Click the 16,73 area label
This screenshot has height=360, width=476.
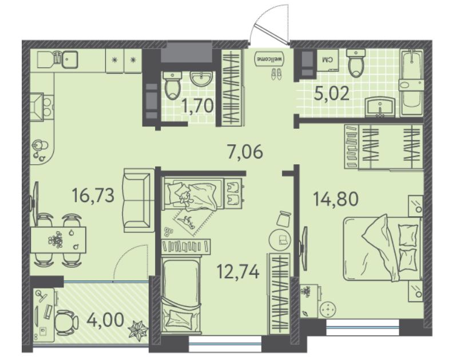93,195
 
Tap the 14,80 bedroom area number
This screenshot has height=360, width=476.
336,199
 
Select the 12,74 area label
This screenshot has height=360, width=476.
238,271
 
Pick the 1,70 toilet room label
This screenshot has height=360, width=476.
198,106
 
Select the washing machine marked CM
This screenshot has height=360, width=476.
328,60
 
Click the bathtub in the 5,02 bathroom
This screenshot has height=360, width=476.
412,82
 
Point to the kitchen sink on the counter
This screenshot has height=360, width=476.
70,59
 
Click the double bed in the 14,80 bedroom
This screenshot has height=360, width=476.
383,248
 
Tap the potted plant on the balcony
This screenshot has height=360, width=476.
138,329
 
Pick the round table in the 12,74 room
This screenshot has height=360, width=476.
280,239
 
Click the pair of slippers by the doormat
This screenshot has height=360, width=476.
276,74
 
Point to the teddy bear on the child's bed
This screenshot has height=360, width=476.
184,199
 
